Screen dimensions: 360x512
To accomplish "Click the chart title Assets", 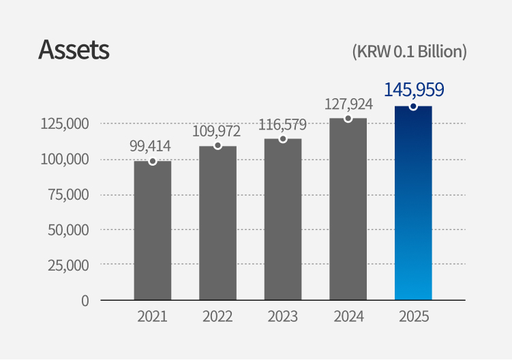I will point(74,50).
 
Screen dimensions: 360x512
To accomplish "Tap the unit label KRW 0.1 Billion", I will point(409,52).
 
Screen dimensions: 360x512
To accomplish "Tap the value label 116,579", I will point(282,125).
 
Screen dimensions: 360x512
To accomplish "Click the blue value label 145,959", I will point(414,89).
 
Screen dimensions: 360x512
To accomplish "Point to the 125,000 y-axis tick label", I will point(65,124).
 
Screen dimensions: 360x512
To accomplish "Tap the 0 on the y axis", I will point(85,300).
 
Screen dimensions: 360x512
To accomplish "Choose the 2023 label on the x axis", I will point(283,317).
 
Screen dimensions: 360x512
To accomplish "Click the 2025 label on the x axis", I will point(414,317).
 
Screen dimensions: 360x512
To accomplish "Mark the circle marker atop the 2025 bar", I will point(413,106).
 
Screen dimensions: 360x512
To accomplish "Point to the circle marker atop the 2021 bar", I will point(153,162).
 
